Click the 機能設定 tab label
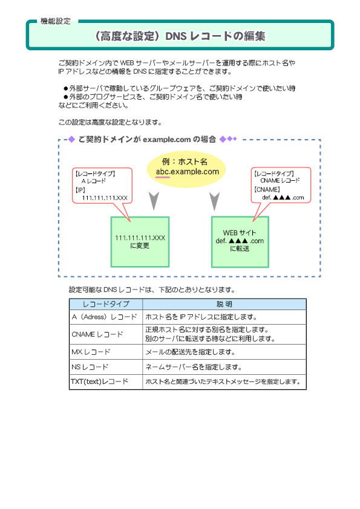(x=56, y=21)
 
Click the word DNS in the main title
(x=176, y=36)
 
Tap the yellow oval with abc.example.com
(x=186, y=169)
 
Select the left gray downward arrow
(x=154, y=201)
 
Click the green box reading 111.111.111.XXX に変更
(x=140, y=242)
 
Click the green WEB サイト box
(x=240, y=242)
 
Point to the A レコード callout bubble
(x=102, y=188)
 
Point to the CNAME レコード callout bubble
(x=281, y=187)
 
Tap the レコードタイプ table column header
(x=106, y=304)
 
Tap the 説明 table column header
(x=224, y=304)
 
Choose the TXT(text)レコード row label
(x=99, y=382)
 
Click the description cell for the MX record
(x=224, y=352)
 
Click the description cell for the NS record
(x=224, y=367)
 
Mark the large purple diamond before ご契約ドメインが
(x=71, y=140)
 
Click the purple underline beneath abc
(x=163, y=177)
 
